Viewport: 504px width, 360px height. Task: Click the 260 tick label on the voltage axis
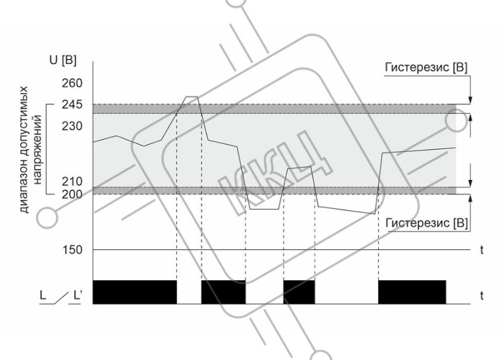pos(72,84)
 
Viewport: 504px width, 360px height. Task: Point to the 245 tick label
pos(72,104)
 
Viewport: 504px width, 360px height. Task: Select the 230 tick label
pos(72,126)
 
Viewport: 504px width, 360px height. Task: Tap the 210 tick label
pos(72,181)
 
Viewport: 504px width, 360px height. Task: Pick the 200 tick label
pos(72,194)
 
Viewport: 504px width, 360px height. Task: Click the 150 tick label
pos(72,249)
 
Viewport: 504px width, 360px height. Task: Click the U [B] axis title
pos(63,60)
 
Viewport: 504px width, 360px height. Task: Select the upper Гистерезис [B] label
pos(426,68)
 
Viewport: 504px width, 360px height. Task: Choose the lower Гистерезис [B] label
pos(426,223)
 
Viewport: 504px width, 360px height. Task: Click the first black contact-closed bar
pos(135,292)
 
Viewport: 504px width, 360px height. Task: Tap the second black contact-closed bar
pos(223,292)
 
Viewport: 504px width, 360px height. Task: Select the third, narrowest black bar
pos(299,292)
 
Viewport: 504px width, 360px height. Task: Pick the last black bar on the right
pos(412,292)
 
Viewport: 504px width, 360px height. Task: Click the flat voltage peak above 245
pos(192,96)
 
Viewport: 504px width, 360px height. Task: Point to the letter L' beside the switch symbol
pos(78,295)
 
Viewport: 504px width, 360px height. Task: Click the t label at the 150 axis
pos(482,250)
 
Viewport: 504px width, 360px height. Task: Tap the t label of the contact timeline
pos(482,296)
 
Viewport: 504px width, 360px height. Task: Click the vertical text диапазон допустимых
pos(24,150)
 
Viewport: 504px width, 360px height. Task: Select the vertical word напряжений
pos(37,150)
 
